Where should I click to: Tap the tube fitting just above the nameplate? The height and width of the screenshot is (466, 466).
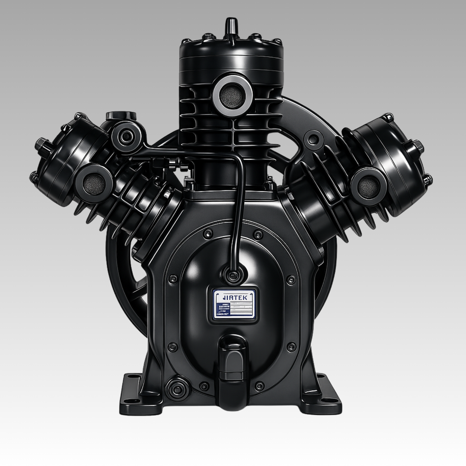click(x=232, y=275)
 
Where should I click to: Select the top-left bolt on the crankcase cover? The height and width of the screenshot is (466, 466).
click(x=205, y=233)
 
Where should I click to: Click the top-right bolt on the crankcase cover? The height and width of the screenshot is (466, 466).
click(x=257, y=234)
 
